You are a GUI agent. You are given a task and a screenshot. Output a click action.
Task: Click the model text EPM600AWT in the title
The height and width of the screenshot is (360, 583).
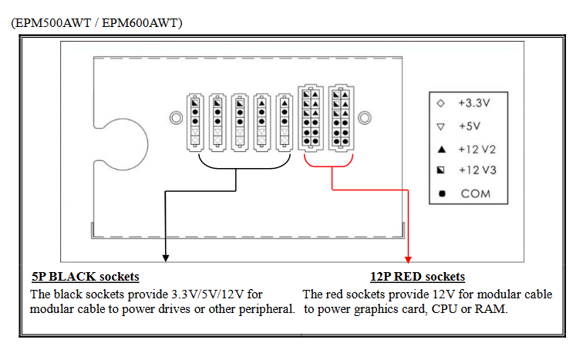(x=142, y=24)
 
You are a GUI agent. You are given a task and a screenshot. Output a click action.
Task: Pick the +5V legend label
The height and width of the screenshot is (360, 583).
(x=471, y=125)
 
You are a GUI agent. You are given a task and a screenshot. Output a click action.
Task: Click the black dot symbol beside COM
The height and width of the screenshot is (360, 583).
(x=441, y=193)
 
